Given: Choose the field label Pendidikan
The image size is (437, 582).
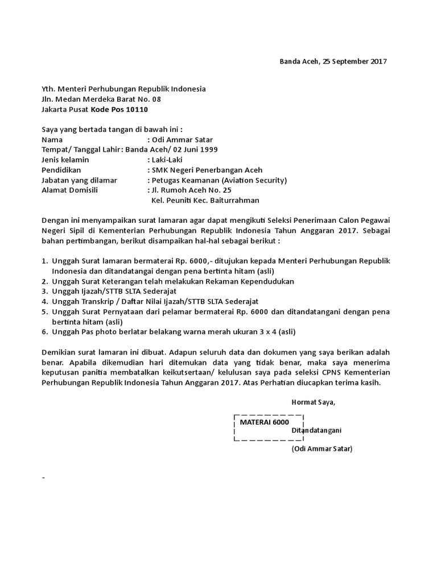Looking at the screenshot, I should pyautogui.click(x=61, y=170).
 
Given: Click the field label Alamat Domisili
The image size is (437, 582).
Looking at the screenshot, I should pyautogui.click(x=70, y=190).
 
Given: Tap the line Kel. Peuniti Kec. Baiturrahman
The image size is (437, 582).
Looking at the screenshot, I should pyautogui.click(x=205, y=200).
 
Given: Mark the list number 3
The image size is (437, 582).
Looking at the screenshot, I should pyautogui.click(x=44, y=291).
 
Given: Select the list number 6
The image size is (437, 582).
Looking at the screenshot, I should pyautogui.click(x=44, y=331).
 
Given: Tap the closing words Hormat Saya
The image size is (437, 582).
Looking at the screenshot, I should pyautogui.click(x=314, y=402).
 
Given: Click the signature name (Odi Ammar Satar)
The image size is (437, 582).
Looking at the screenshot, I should pyautogui.click(x=322, y=448).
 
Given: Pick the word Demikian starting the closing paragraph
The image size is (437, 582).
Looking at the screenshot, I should pyautogui.click(x=59, y=352).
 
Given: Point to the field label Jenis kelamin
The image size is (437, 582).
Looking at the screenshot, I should pyautogui.click(x=65, y=160).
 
